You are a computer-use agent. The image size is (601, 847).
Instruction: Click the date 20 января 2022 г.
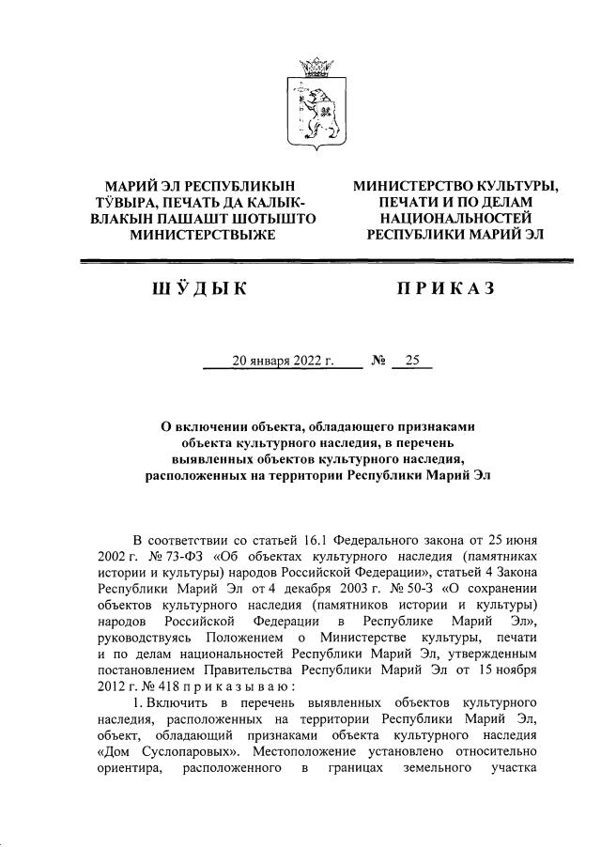tap(284, 361)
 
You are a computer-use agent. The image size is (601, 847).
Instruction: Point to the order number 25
tap(411, 361)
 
